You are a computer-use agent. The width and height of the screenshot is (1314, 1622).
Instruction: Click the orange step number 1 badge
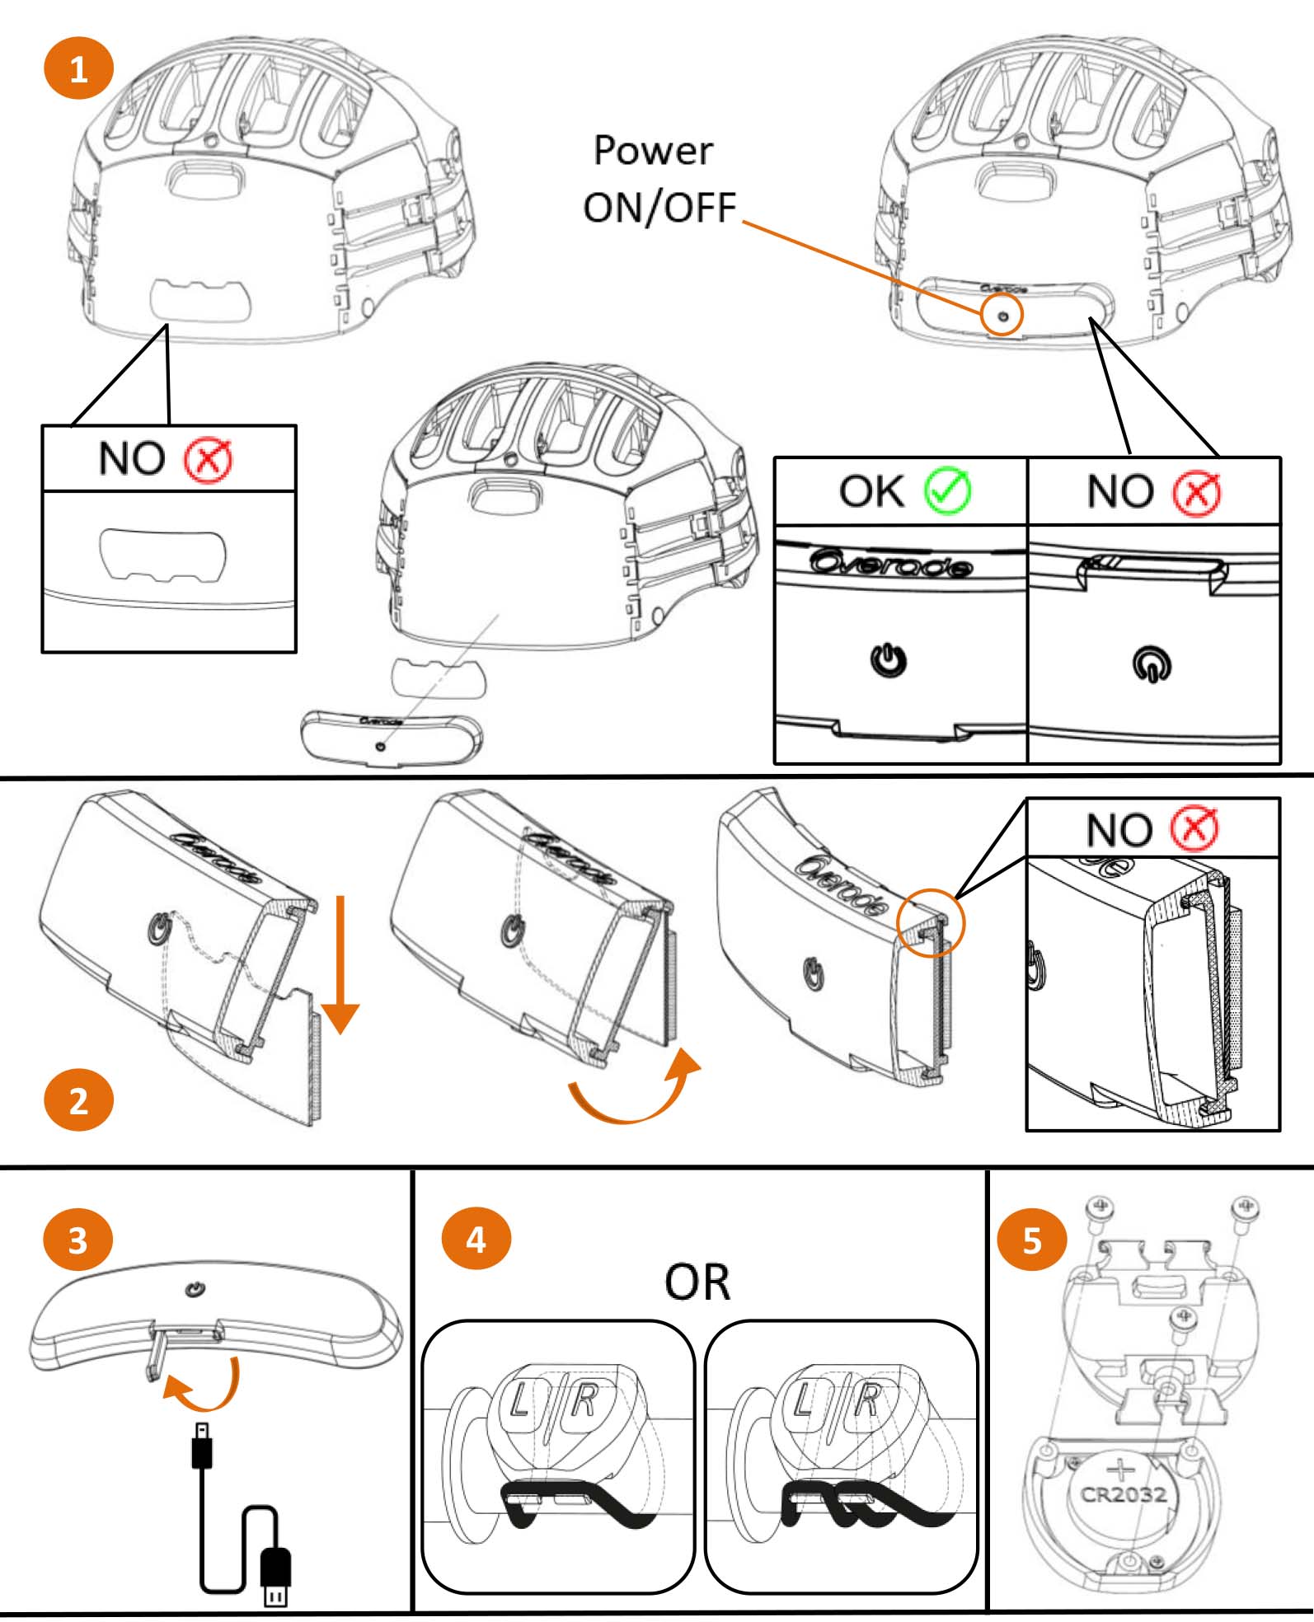coord(78,69)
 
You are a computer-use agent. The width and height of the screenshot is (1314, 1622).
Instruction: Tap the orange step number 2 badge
coord(78,1100)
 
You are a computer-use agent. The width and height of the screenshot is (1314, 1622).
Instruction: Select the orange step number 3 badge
coord(77,1240)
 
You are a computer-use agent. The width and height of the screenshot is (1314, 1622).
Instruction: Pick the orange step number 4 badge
coord(476,1239)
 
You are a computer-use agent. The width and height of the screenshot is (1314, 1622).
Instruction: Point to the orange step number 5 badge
coord(1032,1240)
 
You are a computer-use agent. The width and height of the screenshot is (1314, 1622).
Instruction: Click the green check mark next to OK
coord(947,491)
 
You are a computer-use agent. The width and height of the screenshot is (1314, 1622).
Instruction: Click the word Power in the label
coord(653,151)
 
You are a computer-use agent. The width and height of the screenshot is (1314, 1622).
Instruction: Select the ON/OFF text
coord(659,208)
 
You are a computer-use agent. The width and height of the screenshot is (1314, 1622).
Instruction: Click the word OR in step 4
coord(697,1282)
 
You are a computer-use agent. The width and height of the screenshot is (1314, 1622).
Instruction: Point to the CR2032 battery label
coord(1124,1494)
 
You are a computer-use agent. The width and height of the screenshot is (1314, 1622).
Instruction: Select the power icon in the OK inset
coord(889,660)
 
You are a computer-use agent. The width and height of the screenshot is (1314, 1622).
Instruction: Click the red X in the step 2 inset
coord(1194,829)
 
